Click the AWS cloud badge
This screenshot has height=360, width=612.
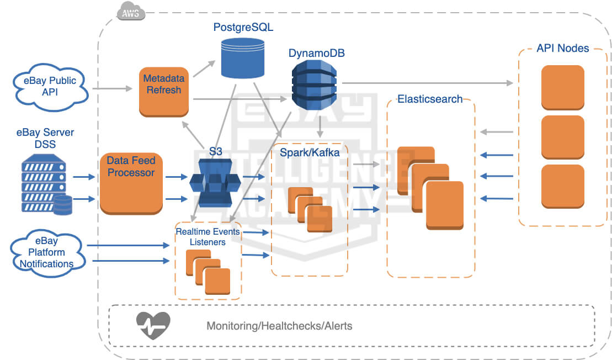pyautogui.click(x=131, y=13)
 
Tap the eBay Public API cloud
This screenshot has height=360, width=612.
pyautogui.click(x=50, y=86)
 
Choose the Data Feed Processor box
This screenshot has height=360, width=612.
pyautogui.click(x=131, y=183)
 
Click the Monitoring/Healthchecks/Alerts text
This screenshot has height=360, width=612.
pyautogui.click(x=279, y=326)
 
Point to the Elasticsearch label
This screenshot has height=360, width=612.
pyautogui.click(x=430, y=99)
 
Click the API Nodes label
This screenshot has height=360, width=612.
pyautogui.click(x=562, y=48)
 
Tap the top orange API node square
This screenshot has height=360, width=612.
pyautogui.click(x=562, y=87)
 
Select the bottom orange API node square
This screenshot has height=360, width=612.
pyautogui.click(x=562, y=186)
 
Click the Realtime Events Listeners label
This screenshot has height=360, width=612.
pyautogui.click(x=207, y=236)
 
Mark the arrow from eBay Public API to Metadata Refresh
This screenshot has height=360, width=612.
pyautogui.click(x=114, y=88)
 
